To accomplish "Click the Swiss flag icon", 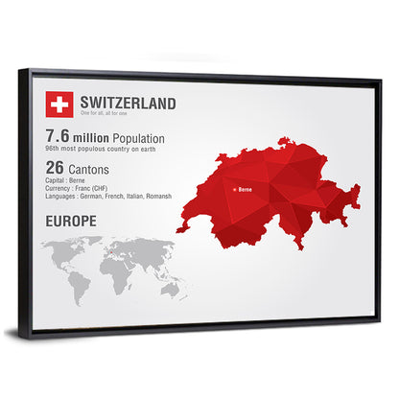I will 59,102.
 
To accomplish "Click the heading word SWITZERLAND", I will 128,101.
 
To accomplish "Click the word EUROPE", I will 70,221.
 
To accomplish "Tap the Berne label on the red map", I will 246,190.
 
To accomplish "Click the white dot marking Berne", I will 234,190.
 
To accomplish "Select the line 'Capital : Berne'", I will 64,180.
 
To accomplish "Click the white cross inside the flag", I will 59,102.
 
